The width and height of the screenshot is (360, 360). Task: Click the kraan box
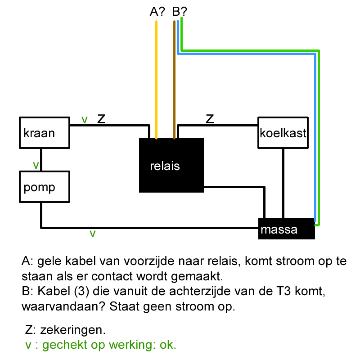pyautogui.click(x=45, y=133)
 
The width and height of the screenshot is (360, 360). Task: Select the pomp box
pyautogui.click(x=45, y=186)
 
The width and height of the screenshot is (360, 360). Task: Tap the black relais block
pyautogui.click(x=171, y=166)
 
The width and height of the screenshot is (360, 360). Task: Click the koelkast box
pyautogui.click(x=283, y=133)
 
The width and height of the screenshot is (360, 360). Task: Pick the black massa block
pyautogui.click(x=286, y=229)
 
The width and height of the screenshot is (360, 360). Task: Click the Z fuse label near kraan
pyautogui.click(x=101, y=119)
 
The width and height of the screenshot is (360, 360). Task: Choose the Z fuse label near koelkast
pyautogui.click(x=210, y=119)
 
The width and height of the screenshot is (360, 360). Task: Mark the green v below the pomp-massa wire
pyautogui.click(x=93, y=234)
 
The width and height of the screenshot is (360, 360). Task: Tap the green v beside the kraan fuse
pyautogui.click(x=84, y=120)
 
